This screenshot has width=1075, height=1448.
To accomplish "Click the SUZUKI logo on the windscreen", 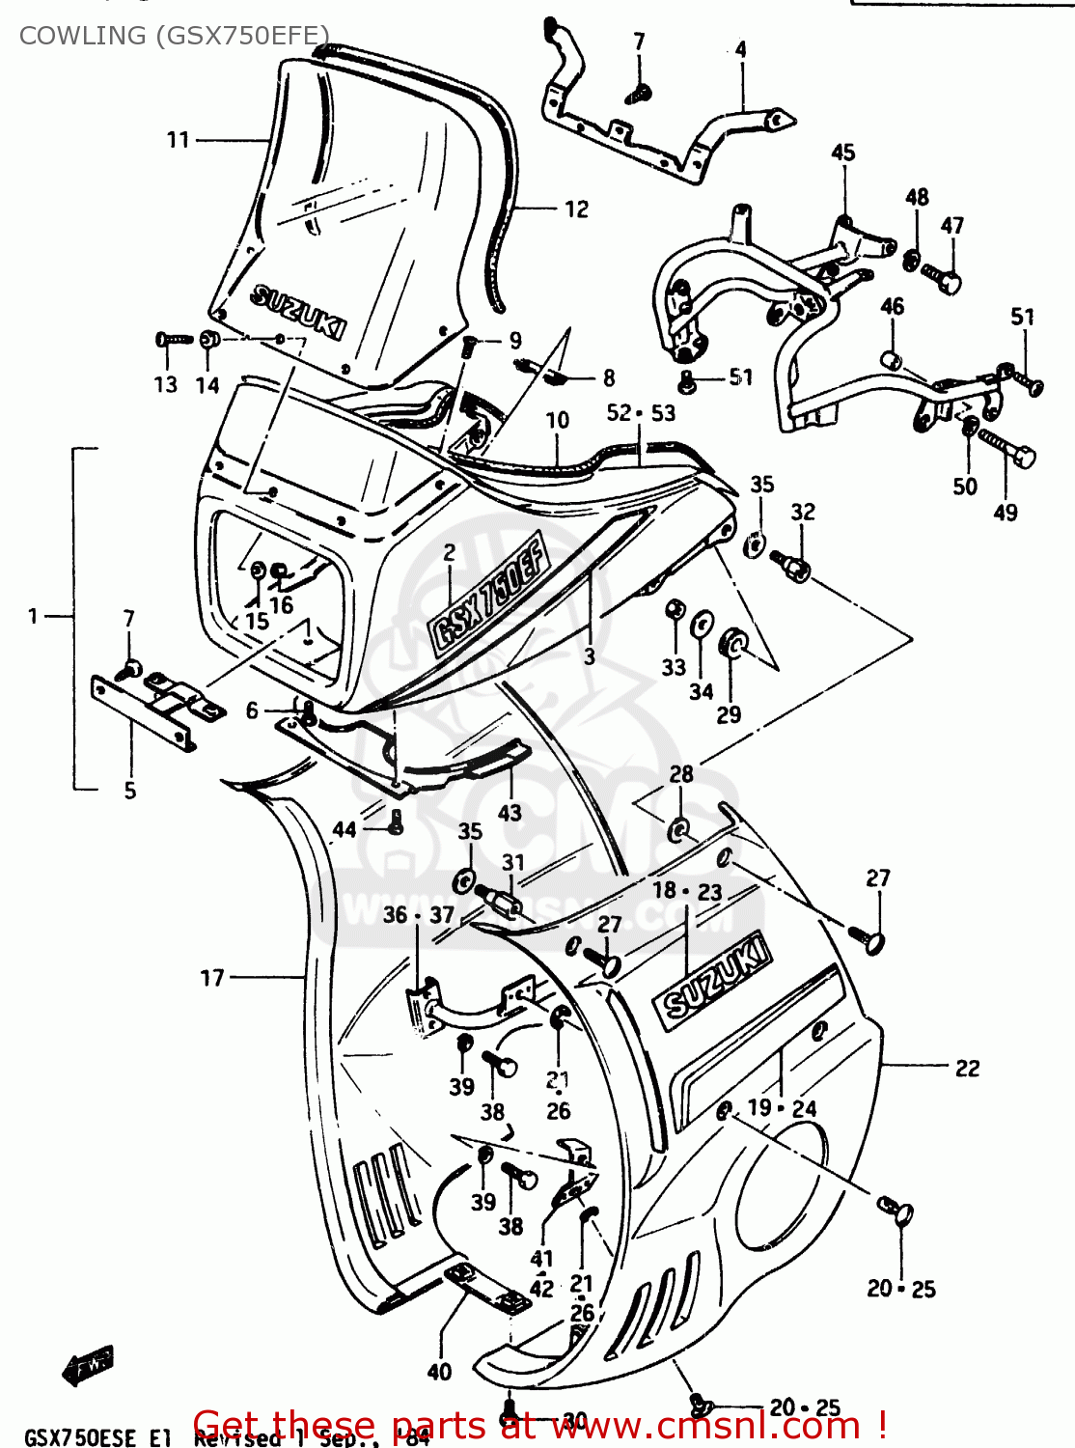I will click(x=297, y=312).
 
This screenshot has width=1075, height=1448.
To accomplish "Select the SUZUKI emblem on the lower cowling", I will click(x=713, y=977).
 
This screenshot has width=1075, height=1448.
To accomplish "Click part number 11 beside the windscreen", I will click(x=179, y=140).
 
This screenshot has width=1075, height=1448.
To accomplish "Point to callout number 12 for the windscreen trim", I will click(x=576, y=209).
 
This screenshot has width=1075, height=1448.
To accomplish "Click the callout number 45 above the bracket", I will click(x=842, y=153).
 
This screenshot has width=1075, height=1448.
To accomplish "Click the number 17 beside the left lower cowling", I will click(x=212, y=978).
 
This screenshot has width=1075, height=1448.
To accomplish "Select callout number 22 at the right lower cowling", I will click(x=967, y=1068).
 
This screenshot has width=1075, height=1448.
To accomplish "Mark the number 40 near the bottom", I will click(x=439, y=1372).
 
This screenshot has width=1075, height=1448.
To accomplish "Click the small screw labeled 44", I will click(x=395, y=821).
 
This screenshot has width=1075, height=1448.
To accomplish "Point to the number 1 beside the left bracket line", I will click(x=33, y=616).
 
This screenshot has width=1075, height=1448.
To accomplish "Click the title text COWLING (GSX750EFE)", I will click(x=174, y=36).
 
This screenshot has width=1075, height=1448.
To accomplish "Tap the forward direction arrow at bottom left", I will click(x=88, y=1364).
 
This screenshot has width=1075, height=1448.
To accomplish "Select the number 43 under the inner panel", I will click(x=510, y=813).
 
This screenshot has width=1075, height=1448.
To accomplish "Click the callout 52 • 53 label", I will click(x=641, y=413).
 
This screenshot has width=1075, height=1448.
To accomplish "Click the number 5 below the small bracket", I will click(x=130, y=791).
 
